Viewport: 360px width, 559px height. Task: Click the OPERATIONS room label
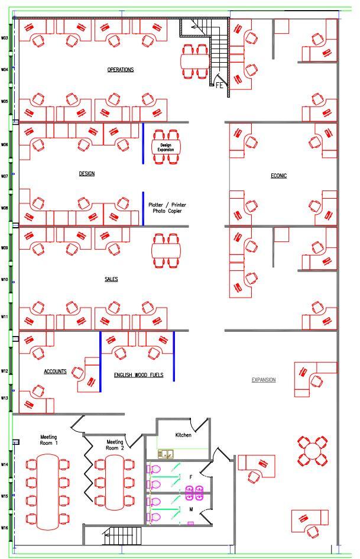click(x=120, y=70)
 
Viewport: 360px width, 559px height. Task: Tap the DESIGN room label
click(x=87, y=174)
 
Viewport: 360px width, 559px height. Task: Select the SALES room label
click(x=111, y=279)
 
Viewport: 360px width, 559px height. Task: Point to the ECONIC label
click(x=279, y=176)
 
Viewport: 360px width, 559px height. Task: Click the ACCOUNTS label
click(x=55, y=371)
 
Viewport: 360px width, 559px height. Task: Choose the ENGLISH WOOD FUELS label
click(x=138, y=375)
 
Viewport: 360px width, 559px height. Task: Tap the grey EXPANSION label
click(x=264, y=380)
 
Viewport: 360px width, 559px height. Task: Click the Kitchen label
click(x=184, y=435)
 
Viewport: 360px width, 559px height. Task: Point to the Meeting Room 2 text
click(x=115, y=445)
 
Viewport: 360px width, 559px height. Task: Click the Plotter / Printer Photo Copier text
click(x=167, y=208)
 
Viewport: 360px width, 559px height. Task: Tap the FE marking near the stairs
click(x=219, y=86)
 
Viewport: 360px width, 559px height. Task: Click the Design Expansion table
click(x=166, y=147)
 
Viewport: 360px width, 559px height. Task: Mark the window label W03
click(x=5, y=38)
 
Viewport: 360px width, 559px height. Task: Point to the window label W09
click(x=5, y=248)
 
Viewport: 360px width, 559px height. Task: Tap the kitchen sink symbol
click(x=165, y=454)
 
